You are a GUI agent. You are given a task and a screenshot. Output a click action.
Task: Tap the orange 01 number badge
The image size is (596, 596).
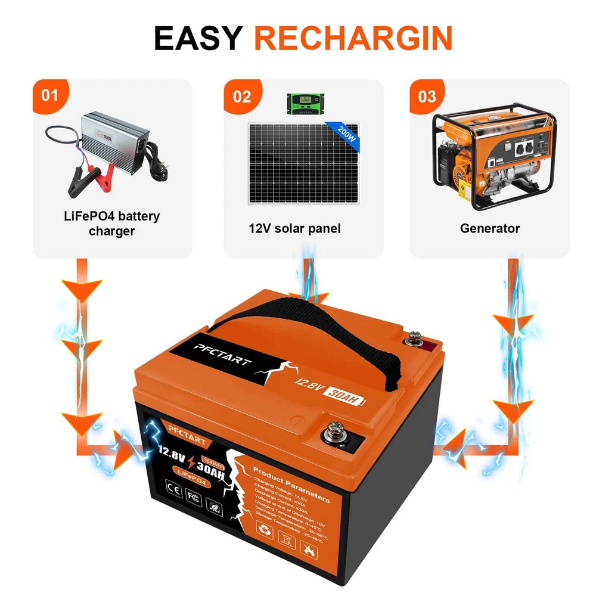51,95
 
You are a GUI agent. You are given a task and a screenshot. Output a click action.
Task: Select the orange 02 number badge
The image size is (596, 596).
241,96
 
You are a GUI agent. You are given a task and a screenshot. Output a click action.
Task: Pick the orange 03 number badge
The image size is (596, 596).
427,96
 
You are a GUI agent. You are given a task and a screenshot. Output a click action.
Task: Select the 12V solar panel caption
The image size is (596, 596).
294,228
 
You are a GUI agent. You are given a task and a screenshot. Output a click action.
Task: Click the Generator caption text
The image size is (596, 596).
490,228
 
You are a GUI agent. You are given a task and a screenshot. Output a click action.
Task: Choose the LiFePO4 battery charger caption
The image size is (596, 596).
112,223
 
